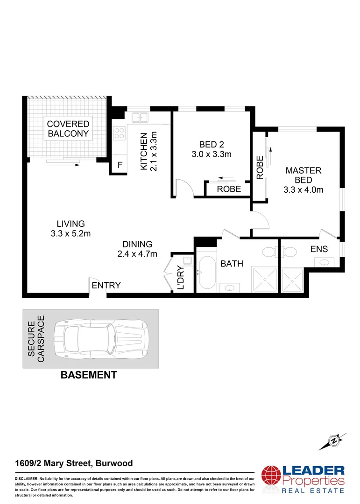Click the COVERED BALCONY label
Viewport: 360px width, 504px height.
pos(68,129)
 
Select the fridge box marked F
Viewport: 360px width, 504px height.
pos(120,165)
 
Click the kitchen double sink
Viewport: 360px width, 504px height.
pos(139,117)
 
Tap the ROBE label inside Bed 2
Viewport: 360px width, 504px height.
pos(229,189)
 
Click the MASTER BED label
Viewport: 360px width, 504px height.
pos(303,175)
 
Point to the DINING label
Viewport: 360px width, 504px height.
pos(137,244)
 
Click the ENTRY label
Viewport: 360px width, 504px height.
pos(106,286)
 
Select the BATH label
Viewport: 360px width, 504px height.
pos(232,264)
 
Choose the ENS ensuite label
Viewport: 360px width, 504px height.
pos(319,249)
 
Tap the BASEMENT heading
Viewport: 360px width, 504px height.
pos(89,375)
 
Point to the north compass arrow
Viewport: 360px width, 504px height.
pos(334,441)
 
